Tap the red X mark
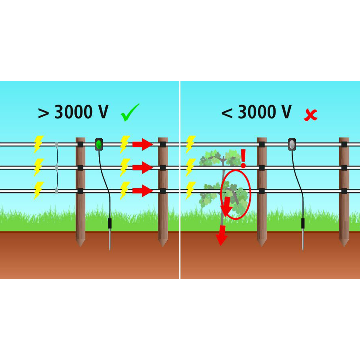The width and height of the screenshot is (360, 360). point(310,115)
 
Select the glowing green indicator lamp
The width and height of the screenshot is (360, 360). point(99,144)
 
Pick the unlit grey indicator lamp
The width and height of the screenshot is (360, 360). point(292,144)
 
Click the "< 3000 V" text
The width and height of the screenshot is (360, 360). point(256,112)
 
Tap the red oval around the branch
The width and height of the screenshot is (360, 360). point(235,194)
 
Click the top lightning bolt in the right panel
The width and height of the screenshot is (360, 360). point(190,144)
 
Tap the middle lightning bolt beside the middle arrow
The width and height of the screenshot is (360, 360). point(124,167)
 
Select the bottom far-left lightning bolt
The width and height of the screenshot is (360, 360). point(38,190)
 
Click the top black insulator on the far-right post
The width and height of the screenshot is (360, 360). point(344,144)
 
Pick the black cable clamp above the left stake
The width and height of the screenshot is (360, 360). point(110,223)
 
